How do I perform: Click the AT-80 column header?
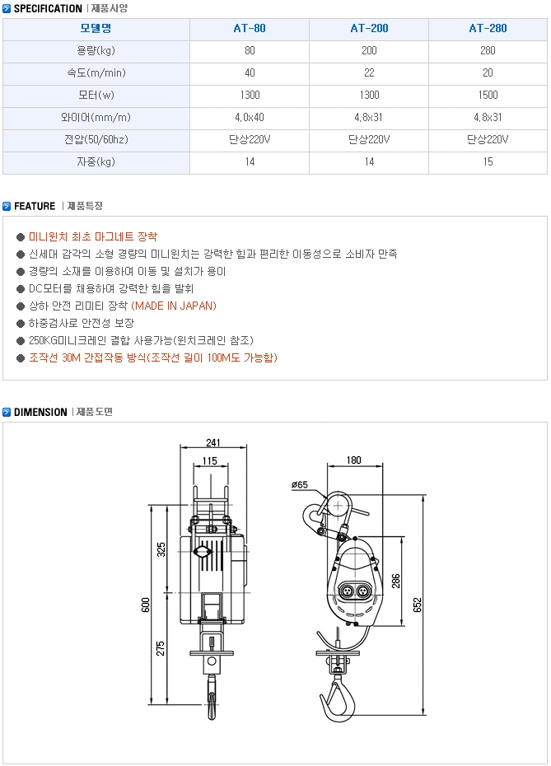click(250, 28)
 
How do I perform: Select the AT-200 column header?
click(369, 28)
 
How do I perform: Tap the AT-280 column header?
click(488, 28)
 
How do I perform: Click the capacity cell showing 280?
click(488, 50)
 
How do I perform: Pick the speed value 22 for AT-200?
click(369, 72)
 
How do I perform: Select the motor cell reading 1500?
click(488, 95)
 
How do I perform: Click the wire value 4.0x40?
click(250, 117)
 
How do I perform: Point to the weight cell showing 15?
click(488, 161)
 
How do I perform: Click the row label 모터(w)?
click(96, 95)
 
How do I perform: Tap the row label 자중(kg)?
click(96, 161)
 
